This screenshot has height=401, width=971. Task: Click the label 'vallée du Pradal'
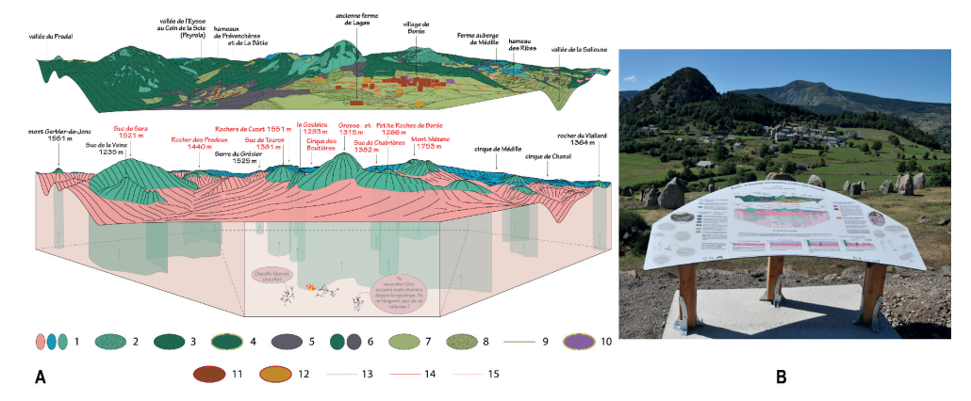tap(51, 37)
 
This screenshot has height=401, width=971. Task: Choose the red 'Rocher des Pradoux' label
tap(193, 143)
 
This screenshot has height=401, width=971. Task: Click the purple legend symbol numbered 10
tap(576, 340)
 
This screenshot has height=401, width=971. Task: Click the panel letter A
tap(40, 377)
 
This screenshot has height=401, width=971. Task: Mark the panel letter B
tap(780, 377)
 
